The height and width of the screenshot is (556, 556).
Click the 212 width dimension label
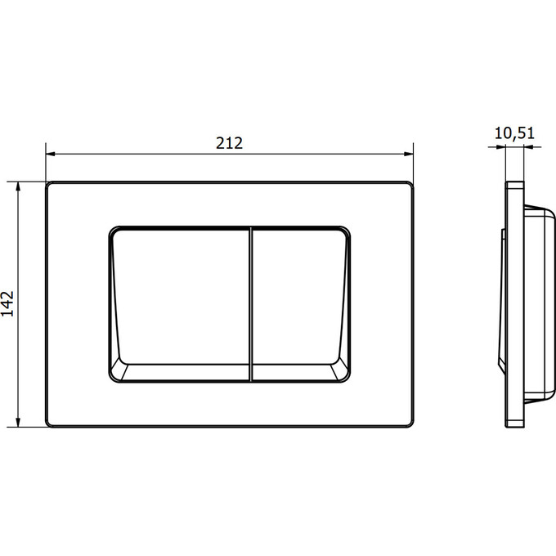click(230, 143)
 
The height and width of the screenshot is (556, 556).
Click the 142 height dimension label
click(7, 303)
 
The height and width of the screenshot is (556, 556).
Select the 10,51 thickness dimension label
click(514, 133)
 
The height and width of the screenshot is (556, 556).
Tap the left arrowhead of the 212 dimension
click(51, 154)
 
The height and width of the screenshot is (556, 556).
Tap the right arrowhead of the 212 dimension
click(409, 154)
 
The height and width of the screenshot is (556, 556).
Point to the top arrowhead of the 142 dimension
click(18, 186)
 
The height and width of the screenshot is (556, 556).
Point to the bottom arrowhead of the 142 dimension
click(18, 422)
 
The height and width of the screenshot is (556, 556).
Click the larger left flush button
click(181, 298)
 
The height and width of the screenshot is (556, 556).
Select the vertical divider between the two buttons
click(251, 304)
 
